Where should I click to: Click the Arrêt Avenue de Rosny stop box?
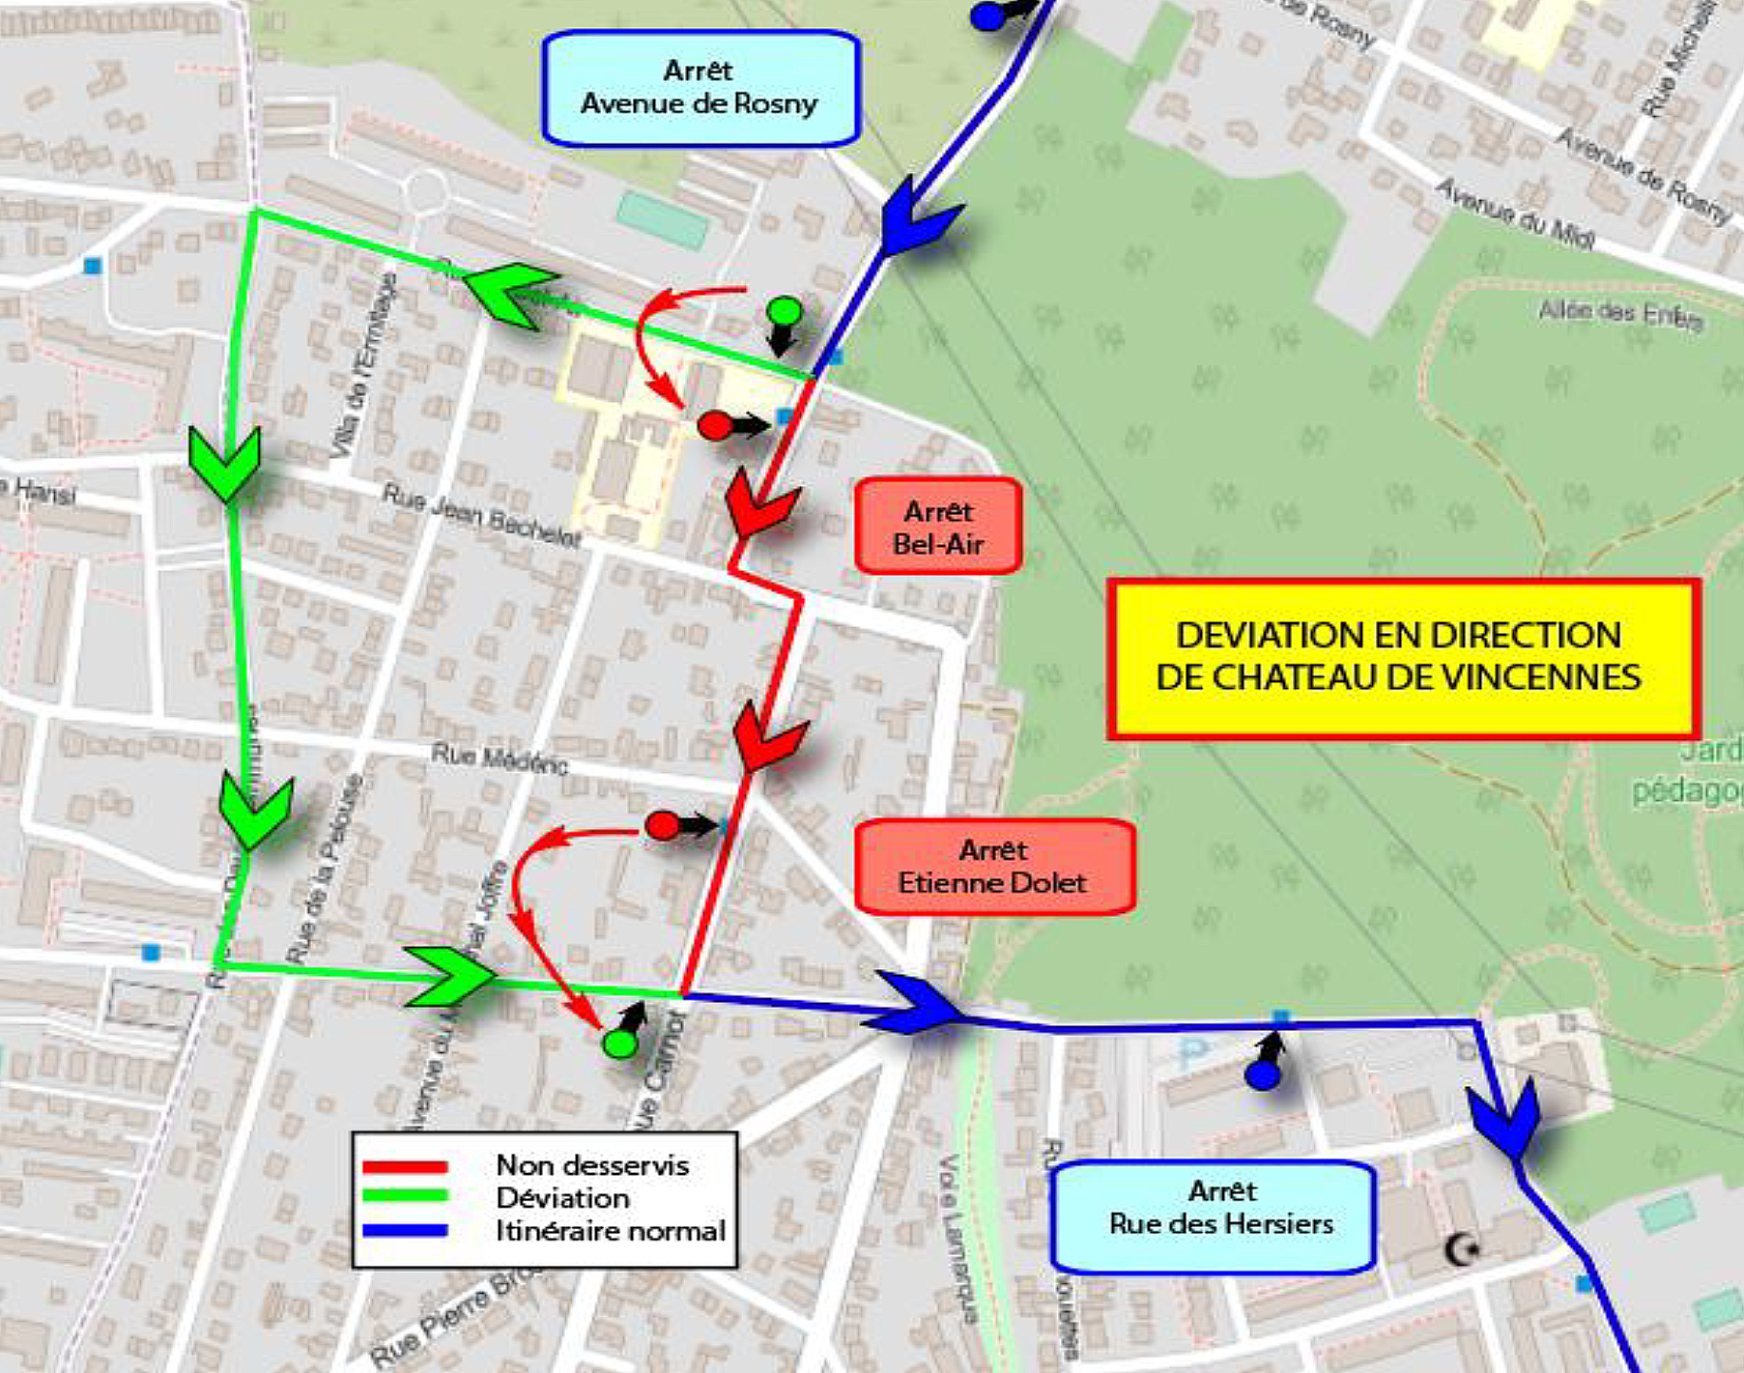point(700,89)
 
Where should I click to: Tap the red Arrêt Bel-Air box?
point(938,528)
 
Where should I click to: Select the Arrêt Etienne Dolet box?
point(993,867)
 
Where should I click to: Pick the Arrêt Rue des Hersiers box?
point(1214,1216)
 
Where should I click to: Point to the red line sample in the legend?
point(405,1167)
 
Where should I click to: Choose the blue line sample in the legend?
point(405,1231)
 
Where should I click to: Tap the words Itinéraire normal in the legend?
point(610,1232)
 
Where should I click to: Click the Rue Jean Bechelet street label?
point(481,516)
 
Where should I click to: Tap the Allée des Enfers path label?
point(1619,315)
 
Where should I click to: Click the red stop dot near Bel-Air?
point(715,425)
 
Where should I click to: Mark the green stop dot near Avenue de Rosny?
point(784,311)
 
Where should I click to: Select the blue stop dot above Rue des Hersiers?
point(1262,1075)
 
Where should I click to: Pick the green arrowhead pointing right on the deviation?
point(449,976)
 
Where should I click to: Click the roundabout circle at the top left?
point(425,191)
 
